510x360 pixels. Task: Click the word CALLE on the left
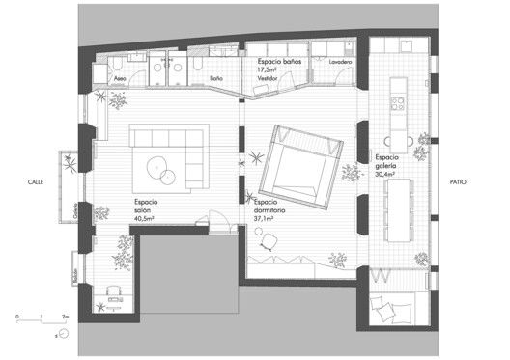coord(35,180)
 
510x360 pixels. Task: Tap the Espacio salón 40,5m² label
coord(147,210)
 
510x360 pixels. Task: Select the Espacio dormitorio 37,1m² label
coord(270,211)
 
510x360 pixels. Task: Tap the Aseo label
coord(121,77)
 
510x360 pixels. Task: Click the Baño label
coord(216,77)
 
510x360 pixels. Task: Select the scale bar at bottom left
coord(42,317)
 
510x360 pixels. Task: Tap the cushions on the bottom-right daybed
coord(388,310)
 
